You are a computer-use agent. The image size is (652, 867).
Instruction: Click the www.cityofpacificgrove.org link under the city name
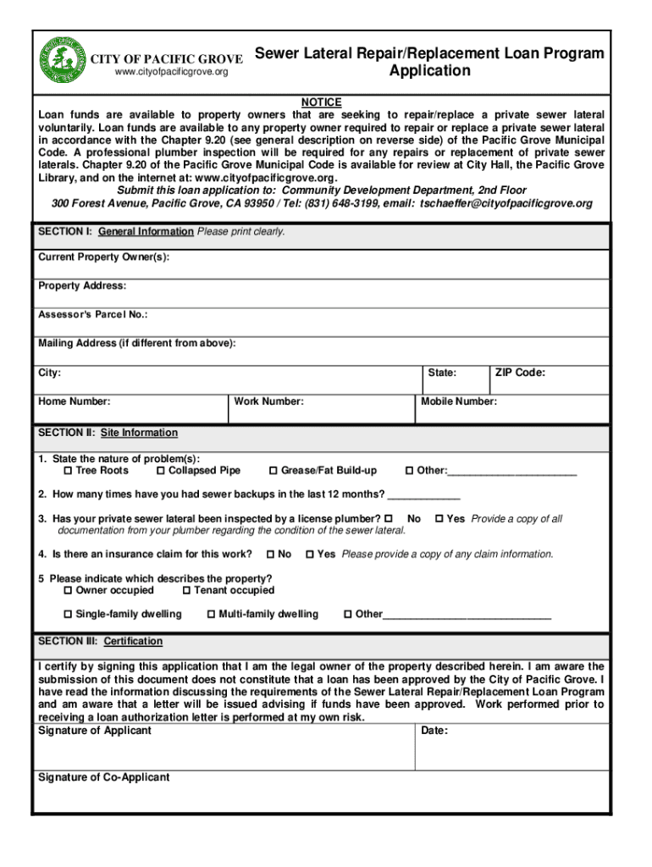pyautogui.click(x=172, y=72)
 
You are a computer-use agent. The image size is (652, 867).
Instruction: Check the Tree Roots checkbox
pyautogui.click(x=69, y=471)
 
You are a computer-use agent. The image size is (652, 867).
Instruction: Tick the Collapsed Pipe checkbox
pyautogui.click(x=161, y=471)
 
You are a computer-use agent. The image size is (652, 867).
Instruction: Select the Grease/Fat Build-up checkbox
pyautogui.click(x=274, y=471)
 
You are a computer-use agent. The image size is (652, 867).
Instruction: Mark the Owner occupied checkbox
pyautogui.click(x=69, y=591)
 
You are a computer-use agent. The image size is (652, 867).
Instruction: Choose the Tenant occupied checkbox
pyautogui.click(x=186, y=591)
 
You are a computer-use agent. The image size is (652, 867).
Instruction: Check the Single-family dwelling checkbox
pyautogui.click(x=69, y=615)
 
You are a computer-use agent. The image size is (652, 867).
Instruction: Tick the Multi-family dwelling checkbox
pyautogui.click(x=212, y=615)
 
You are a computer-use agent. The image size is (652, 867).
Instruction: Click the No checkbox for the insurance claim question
pyautogui.click(x=270, y=555)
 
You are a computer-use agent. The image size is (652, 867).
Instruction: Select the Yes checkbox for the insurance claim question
pyautogui.click(x=310, y=555)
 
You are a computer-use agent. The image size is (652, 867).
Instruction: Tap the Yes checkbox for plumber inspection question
pyautogui.click(x=439, y=519)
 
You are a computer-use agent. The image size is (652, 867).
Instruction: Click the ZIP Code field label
pyautogui.click(x=520, y=373)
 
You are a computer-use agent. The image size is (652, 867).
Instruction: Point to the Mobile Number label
pyautogui.click(x=459, y=402)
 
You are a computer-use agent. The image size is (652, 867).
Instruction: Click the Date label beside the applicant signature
pyautogui.click(x=434, y=731)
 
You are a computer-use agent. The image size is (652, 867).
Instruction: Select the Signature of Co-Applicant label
pyautogui.click(x=104, y=777)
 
